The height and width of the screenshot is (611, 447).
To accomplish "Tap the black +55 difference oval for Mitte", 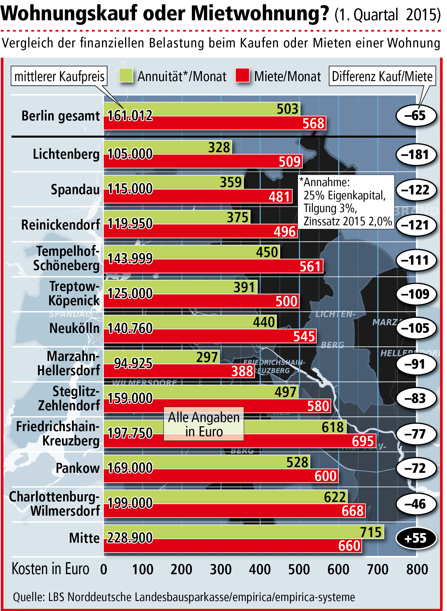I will (x=416, y=538).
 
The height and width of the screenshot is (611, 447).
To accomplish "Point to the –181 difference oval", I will (x=416, y=155).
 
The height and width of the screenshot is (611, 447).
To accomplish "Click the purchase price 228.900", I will (x=130, y=538).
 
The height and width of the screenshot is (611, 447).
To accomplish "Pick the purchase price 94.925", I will (x=133, y=363).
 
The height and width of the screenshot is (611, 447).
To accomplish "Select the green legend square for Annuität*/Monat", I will (x=126, y=76).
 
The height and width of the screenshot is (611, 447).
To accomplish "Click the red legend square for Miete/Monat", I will (x=242, y=76).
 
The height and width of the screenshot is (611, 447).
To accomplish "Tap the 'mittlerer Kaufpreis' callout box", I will (x=59, y=76).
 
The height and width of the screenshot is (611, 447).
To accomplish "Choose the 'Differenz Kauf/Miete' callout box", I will (x=382, y=76).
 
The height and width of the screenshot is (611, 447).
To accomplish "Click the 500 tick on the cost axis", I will (x=299, y=569).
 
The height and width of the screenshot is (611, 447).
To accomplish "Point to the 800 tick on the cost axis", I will (x=417, y=569).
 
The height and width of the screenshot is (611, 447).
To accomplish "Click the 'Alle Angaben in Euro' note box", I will (x=204, y=424).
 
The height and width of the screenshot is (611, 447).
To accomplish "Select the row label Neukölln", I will (x=74, y=328).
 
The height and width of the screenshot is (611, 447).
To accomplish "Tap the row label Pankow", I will (x=77, y=468).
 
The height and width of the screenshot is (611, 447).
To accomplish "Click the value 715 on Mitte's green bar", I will (x=371, y=532).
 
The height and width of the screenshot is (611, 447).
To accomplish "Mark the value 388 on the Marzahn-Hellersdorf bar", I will (x=242, y=371).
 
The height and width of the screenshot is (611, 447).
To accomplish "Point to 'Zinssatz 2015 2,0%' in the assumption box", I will (x=347, y=221).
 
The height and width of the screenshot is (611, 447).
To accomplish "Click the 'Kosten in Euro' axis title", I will (x=51, y=569).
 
